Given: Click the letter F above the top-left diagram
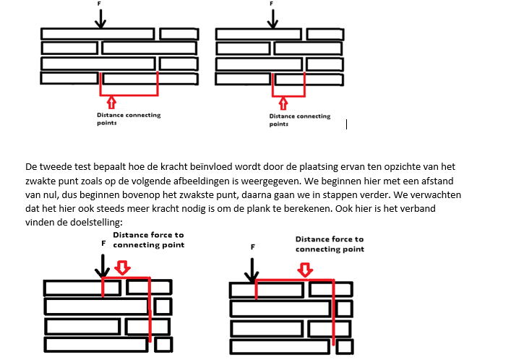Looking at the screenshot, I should [x=100, y=4].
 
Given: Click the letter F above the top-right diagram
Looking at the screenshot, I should [x=272, y=4].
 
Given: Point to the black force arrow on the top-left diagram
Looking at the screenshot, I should [x=100, y=18].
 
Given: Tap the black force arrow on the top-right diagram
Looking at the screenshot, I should [x=272, y=19].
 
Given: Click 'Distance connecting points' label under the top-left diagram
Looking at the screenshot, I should [x=129, y=119].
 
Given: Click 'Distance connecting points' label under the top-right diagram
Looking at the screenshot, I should [x=299, y=119].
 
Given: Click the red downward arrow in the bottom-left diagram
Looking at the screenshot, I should [x=123, y=267].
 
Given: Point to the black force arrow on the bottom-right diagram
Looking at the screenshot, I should [x=252, y=270].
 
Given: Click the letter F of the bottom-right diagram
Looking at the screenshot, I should [x=252, y=247].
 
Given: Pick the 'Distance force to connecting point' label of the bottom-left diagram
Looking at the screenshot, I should [x=147, y=240].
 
